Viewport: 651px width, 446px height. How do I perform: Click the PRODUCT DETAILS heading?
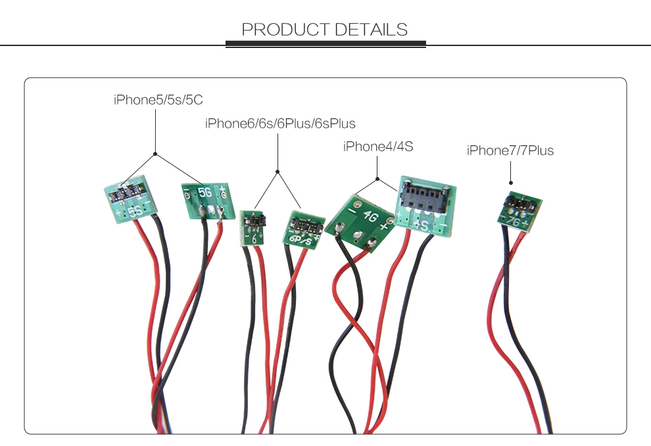click(x=325, y=30)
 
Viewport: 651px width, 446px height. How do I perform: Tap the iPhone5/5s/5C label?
click(x=158, y=100)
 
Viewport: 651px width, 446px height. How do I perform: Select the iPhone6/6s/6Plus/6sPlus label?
click(x=280, y=123)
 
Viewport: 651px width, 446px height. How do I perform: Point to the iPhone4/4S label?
click(x=378, y=146)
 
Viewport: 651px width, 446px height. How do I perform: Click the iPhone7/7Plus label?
click(x=510, y=151)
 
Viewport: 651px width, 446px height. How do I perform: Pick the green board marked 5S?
click(x=130, y=199)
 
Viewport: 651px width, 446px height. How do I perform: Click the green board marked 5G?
click(x=208, y=201)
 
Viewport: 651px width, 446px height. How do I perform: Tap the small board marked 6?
click(x=253, y=228)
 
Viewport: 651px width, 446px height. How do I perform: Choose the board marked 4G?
click(x=360, y=223)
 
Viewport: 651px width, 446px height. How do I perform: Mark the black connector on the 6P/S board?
click(x=306, y=224)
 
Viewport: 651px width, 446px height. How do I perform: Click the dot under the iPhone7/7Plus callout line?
click(x=511, y=183)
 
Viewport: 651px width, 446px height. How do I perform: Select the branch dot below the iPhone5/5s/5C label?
click(x=155, y=154)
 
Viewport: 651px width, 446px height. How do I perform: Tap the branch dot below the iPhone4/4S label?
click(x=377, y=179)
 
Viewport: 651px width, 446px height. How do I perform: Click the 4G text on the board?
click(x=370, y=216)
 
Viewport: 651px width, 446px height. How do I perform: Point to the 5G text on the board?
click(x=205, y=192)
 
